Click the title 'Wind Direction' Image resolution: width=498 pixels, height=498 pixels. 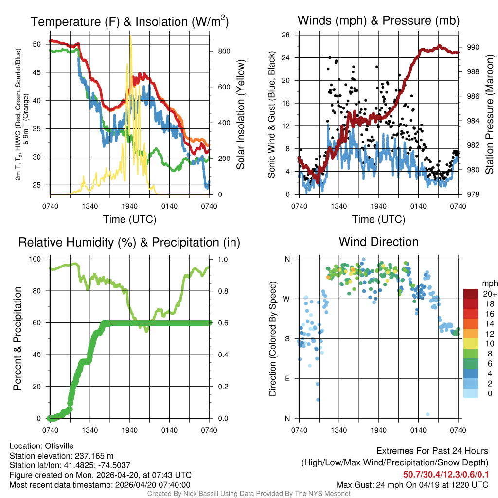tap(378, 242)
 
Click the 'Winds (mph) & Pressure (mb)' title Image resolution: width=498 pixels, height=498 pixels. tap(378, 20)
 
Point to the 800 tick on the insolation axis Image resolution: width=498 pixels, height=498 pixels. tap(219, 51)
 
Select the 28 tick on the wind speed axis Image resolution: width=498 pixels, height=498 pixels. tap(286, 35)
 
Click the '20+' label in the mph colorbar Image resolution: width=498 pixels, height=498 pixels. tap(489, 294)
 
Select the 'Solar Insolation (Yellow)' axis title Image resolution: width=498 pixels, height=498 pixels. tap(241, 115)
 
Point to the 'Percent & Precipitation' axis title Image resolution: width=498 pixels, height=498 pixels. tap(18, 338)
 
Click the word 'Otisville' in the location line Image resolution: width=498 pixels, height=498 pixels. tap(62, 446)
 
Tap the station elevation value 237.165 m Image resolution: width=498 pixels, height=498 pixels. tap(93, 456)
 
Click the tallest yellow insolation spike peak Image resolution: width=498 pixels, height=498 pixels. tap(130, 35)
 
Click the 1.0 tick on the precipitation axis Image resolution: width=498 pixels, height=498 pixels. tap(221, 259)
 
